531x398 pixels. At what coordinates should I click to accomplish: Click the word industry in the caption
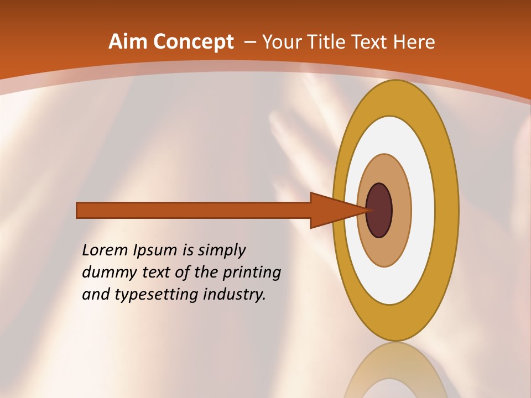click(235, 295)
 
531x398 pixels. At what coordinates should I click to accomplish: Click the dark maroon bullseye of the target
click(379, 210)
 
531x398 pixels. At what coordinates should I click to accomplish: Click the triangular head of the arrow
click(332, 210)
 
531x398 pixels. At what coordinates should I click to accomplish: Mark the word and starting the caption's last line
click(96, 295)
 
